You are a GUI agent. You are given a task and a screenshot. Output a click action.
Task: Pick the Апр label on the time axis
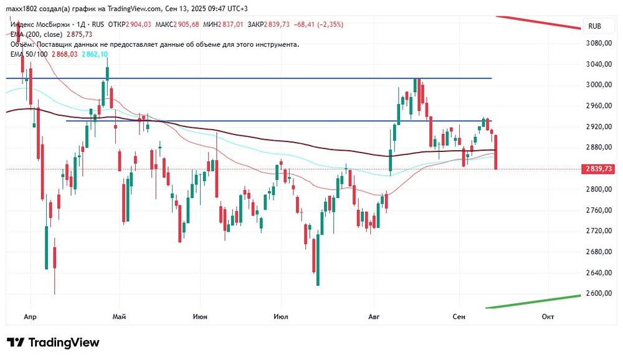[29, 316]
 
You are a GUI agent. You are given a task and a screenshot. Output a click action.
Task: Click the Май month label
[119, 316]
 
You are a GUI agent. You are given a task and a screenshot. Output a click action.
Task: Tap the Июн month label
[201, 316]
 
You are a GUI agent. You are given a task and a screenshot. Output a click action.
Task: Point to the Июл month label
[281, 316]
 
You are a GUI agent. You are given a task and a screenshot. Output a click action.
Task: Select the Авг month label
[374, 316]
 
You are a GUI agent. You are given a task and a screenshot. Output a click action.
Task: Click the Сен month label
[459, 316]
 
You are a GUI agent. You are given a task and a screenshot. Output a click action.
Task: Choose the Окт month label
[548, 316]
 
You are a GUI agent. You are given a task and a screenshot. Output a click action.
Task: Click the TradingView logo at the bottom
[53, 343]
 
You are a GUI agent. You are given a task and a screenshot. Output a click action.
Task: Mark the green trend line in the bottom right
[536, 301]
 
